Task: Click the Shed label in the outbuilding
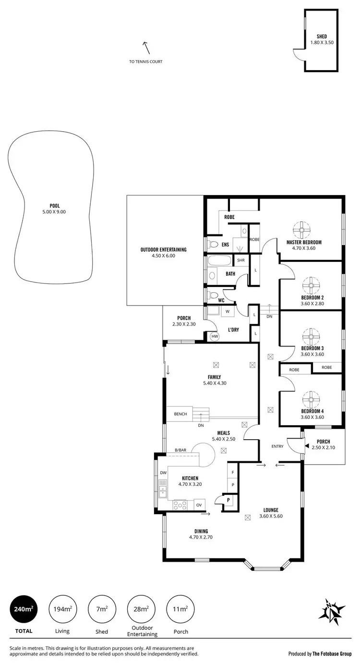coord(322,36)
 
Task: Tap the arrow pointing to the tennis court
coord(145,47)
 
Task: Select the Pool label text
coord(54,206)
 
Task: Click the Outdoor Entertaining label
coord(163,249)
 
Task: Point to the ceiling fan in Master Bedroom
coord(303,230)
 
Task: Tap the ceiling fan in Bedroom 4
coord(312,399)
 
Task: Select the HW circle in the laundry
coord(215,336)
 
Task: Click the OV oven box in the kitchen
coord(199,505)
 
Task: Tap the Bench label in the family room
coord(180,414)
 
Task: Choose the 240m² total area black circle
coord(23,609)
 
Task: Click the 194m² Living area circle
coord(62,609)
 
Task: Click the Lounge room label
coord(271,510)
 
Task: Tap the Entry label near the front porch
coord(277,446)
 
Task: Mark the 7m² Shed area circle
coord(101,609)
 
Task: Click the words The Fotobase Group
coord(332,654)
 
